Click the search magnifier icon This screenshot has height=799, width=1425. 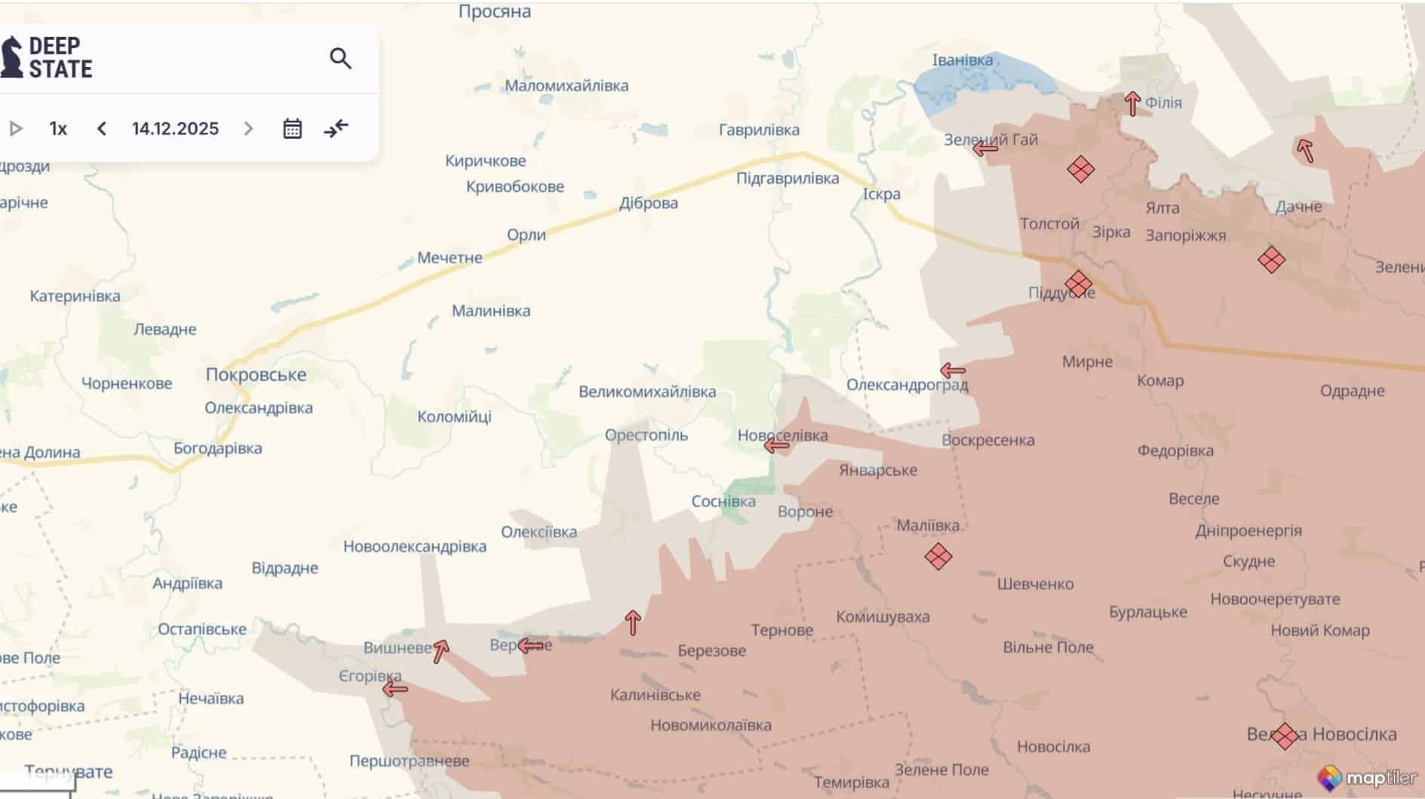pyautogui.click(x=340, y=58)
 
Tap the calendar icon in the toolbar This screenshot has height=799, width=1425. pyautogui.click(x=292, y=129)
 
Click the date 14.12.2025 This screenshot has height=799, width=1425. pyautogui.click(x=175, y=129)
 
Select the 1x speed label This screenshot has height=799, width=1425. pyautogui.click(x=58, y=129)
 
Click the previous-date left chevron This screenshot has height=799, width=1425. pyautogui.click(x=102, y=129)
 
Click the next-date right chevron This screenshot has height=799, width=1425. pyautogui.click(x=248, y=129)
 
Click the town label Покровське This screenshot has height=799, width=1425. pyautogui.click(x=256, y=375)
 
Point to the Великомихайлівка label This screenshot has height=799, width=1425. pyautogui.click(x=647, y=392)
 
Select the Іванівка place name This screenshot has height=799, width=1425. pyautogui.click(x=963, y=60)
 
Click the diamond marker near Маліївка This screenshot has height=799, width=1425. pyautogui.click(x=938, y=557)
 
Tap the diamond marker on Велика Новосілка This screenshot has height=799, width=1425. pyautogui.click(x=1284, y=735)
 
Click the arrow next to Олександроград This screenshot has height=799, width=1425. pyautogui.click(x=953, y=370)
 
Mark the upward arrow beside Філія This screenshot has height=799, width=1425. pyautogui.click(x=1132, y=103)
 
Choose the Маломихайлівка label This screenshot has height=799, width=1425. pyautogui.click(x=567, y=86)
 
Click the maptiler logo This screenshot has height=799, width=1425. pyautogui.click(x=1367, y=778)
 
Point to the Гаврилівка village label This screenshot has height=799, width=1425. pyautogui.click(x=759, y=130)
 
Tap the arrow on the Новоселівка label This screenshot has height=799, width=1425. pyautogui.click(x=776, y=446)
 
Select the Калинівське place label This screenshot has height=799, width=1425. pyautogui.click(x=655, y=695)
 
